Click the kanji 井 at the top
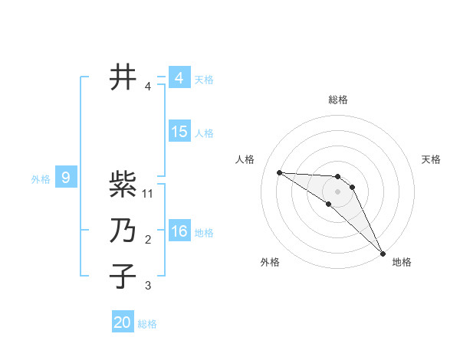click(123, 77)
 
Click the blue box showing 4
click(179, 78)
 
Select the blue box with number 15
click(179, 132)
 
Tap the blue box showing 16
click(179, 231)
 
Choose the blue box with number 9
click(66, 178)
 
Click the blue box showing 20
click(123, 322)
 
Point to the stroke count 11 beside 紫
click(149, 194)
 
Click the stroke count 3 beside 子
click(149, 286)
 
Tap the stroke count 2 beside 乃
click(149, 240)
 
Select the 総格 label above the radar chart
click(338, 100)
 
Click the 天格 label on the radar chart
click(432, 159)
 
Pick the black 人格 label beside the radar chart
click(245, 159)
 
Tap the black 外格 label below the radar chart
click(269, 262)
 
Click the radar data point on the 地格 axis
click(383, 252)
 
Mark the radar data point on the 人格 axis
click(279, 172)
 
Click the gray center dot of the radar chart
click(338, 191)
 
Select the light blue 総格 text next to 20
click(147, 323)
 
